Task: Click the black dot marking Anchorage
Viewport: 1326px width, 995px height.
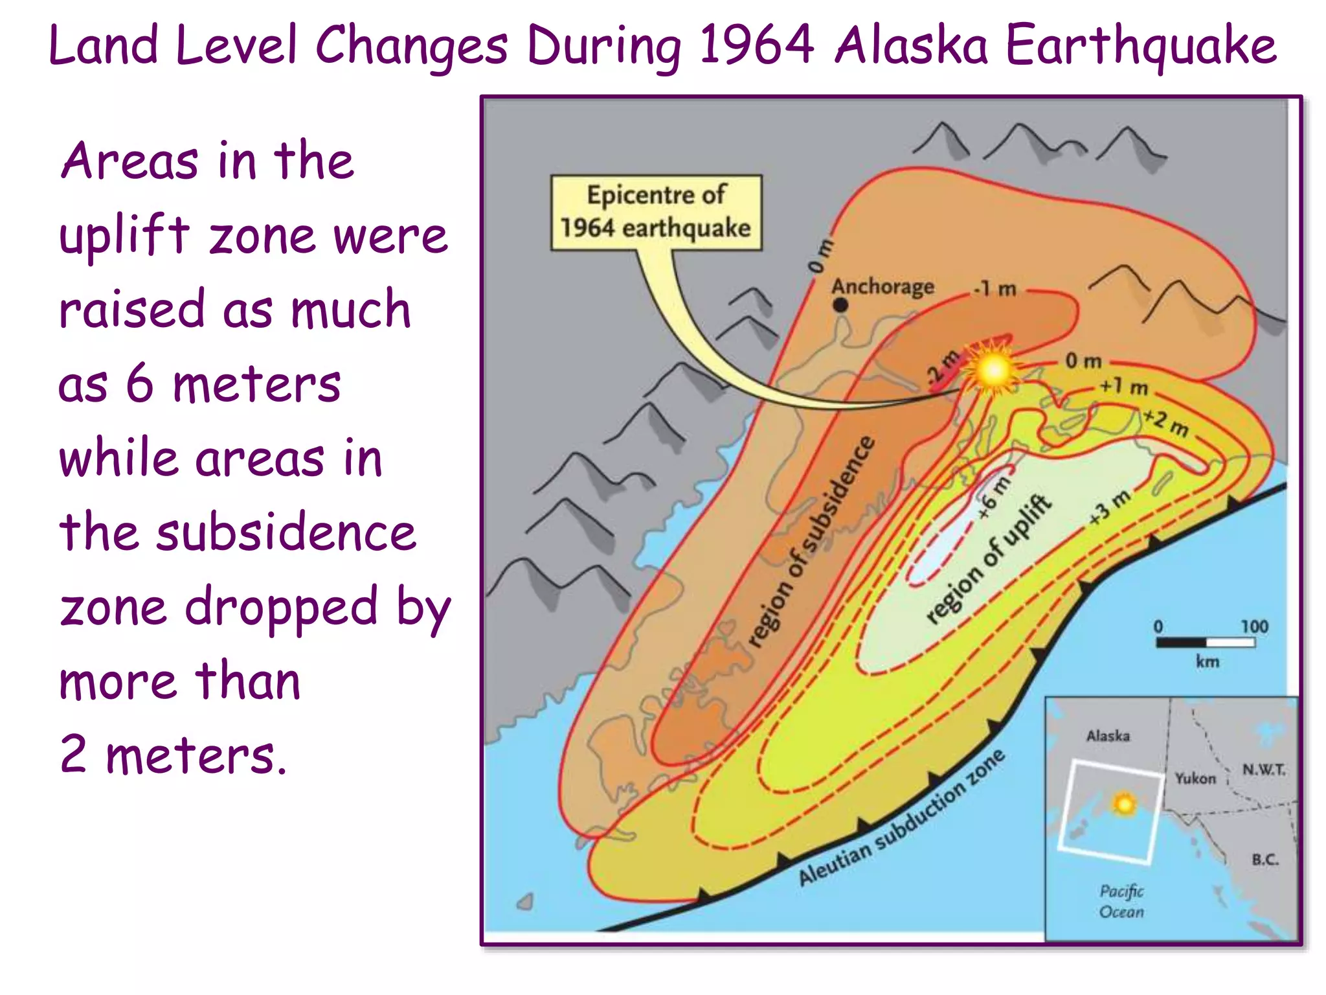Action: coord(840,304)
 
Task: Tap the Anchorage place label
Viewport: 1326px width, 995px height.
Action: coord(882,286)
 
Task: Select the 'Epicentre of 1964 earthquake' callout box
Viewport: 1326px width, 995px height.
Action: coord(656,212)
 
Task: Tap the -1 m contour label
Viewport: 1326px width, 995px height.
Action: coord(995,288)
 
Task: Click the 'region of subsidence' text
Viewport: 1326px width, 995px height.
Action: coord(812,542)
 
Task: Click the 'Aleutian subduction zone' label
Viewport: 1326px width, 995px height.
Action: coord(901,817)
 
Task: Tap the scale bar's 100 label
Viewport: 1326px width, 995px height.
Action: coord(1254,626)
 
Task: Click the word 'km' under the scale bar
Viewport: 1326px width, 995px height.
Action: coord(1207,661)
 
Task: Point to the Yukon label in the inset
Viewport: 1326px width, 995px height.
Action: coord(1195,778)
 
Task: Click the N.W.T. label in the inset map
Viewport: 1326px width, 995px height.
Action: coord(1263,770)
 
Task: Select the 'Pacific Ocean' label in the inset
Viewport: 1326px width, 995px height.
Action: coord(1121,901)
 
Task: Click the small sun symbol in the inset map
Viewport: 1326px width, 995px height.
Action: coord(1125,804)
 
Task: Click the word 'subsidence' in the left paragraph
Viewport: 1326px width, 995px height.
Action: coord(286,532)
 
